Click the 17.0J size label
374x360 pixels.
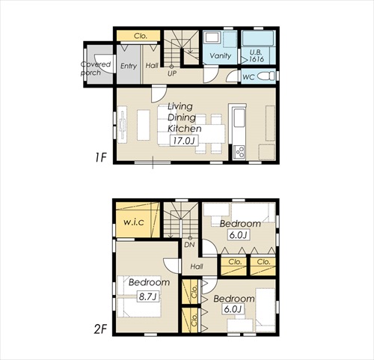coord(184,141)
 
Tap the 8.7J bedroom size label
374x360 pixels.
coord(147,296)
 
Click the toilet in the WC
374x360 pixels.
coord(266,76)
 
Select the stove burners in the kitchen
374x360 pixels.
coord(239,152)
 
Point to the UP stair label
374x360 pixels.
coord(172,73)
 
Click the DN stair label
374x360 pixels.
coord(189,245)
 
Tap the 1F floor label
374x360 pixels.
coord(101,157)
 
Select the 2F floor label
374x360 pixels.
coord(100,329)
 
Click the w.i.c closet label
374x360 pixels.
coord(134,222)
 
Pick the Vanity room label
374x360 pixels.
coord(221,55)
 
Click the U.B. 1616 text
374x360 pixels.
coord(257,55)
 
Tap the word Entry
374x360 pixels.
coord(129,66)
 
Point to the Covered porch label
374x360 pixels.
coord(96,68)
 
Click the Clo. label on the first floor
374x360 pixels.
coord(141,36)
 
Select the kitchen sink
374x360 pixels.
coord(239,118)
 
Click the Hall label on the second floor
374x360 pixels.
coord(197,266)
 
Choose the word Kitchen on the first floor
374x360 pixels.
coord(185,129)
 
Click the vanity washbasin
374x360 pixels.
coord(212,38)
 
